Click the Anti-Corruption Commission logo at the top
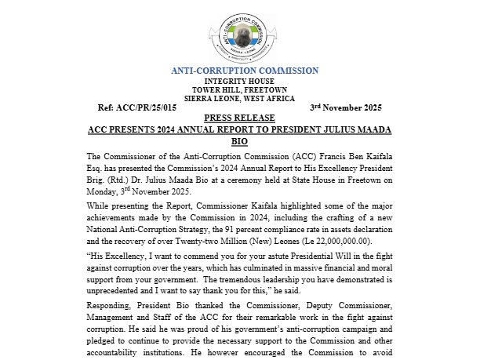click(x=240, y=33)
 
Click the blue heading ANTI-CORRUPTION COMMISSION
click(x=240, y=71)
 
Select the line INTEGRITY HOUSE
click(x=240, y=82)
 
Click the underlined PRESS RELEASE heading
click(x=240, y=116)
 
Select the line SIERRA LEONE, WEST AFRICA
click(x=240, y=98)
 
